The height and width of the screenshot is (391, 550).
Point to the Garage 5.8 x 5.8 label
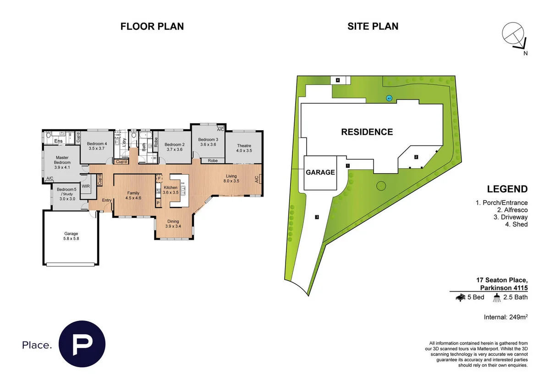(71, 236)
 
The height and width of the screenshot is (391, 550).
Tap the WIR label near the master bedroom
(85, 187)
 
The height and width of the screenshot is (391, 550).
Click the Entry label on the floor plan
(106, 200)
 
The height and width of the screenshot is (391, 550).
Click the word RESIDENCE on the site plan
(367, 132)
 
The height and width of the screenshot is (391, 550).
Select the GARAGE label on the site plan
(320, 173)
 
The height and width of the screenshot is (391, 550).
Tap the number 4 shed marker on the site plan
(338, 80)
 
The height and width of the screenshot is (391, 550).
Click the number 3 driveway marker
(317, 217)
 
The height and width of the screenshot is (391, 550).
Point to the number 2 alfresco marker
(416, 157)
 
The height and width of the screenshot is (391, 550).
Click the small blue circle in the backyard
(389, 98)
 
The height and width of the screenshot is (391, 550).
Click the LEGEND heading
(507, 189)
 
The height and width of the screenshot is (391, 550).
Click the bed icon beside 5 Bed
(461, 297)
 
